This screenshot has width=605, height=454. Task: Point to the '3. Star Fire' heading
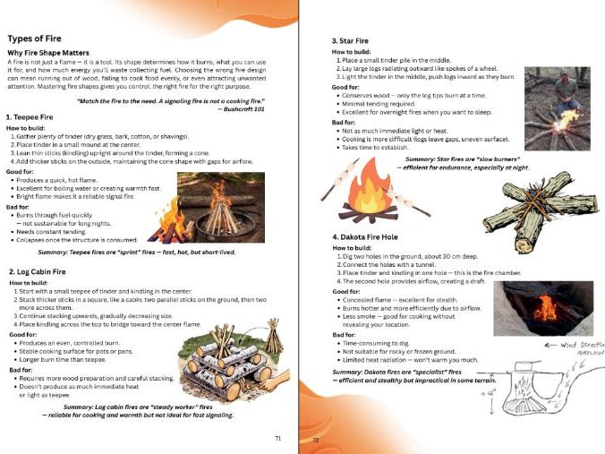(x=351, y=41)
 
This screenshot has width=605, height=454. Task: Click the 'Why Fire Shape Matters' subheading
(x=53, y=55)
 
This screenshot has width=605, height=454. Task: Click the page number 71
(x=279, y=438)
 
